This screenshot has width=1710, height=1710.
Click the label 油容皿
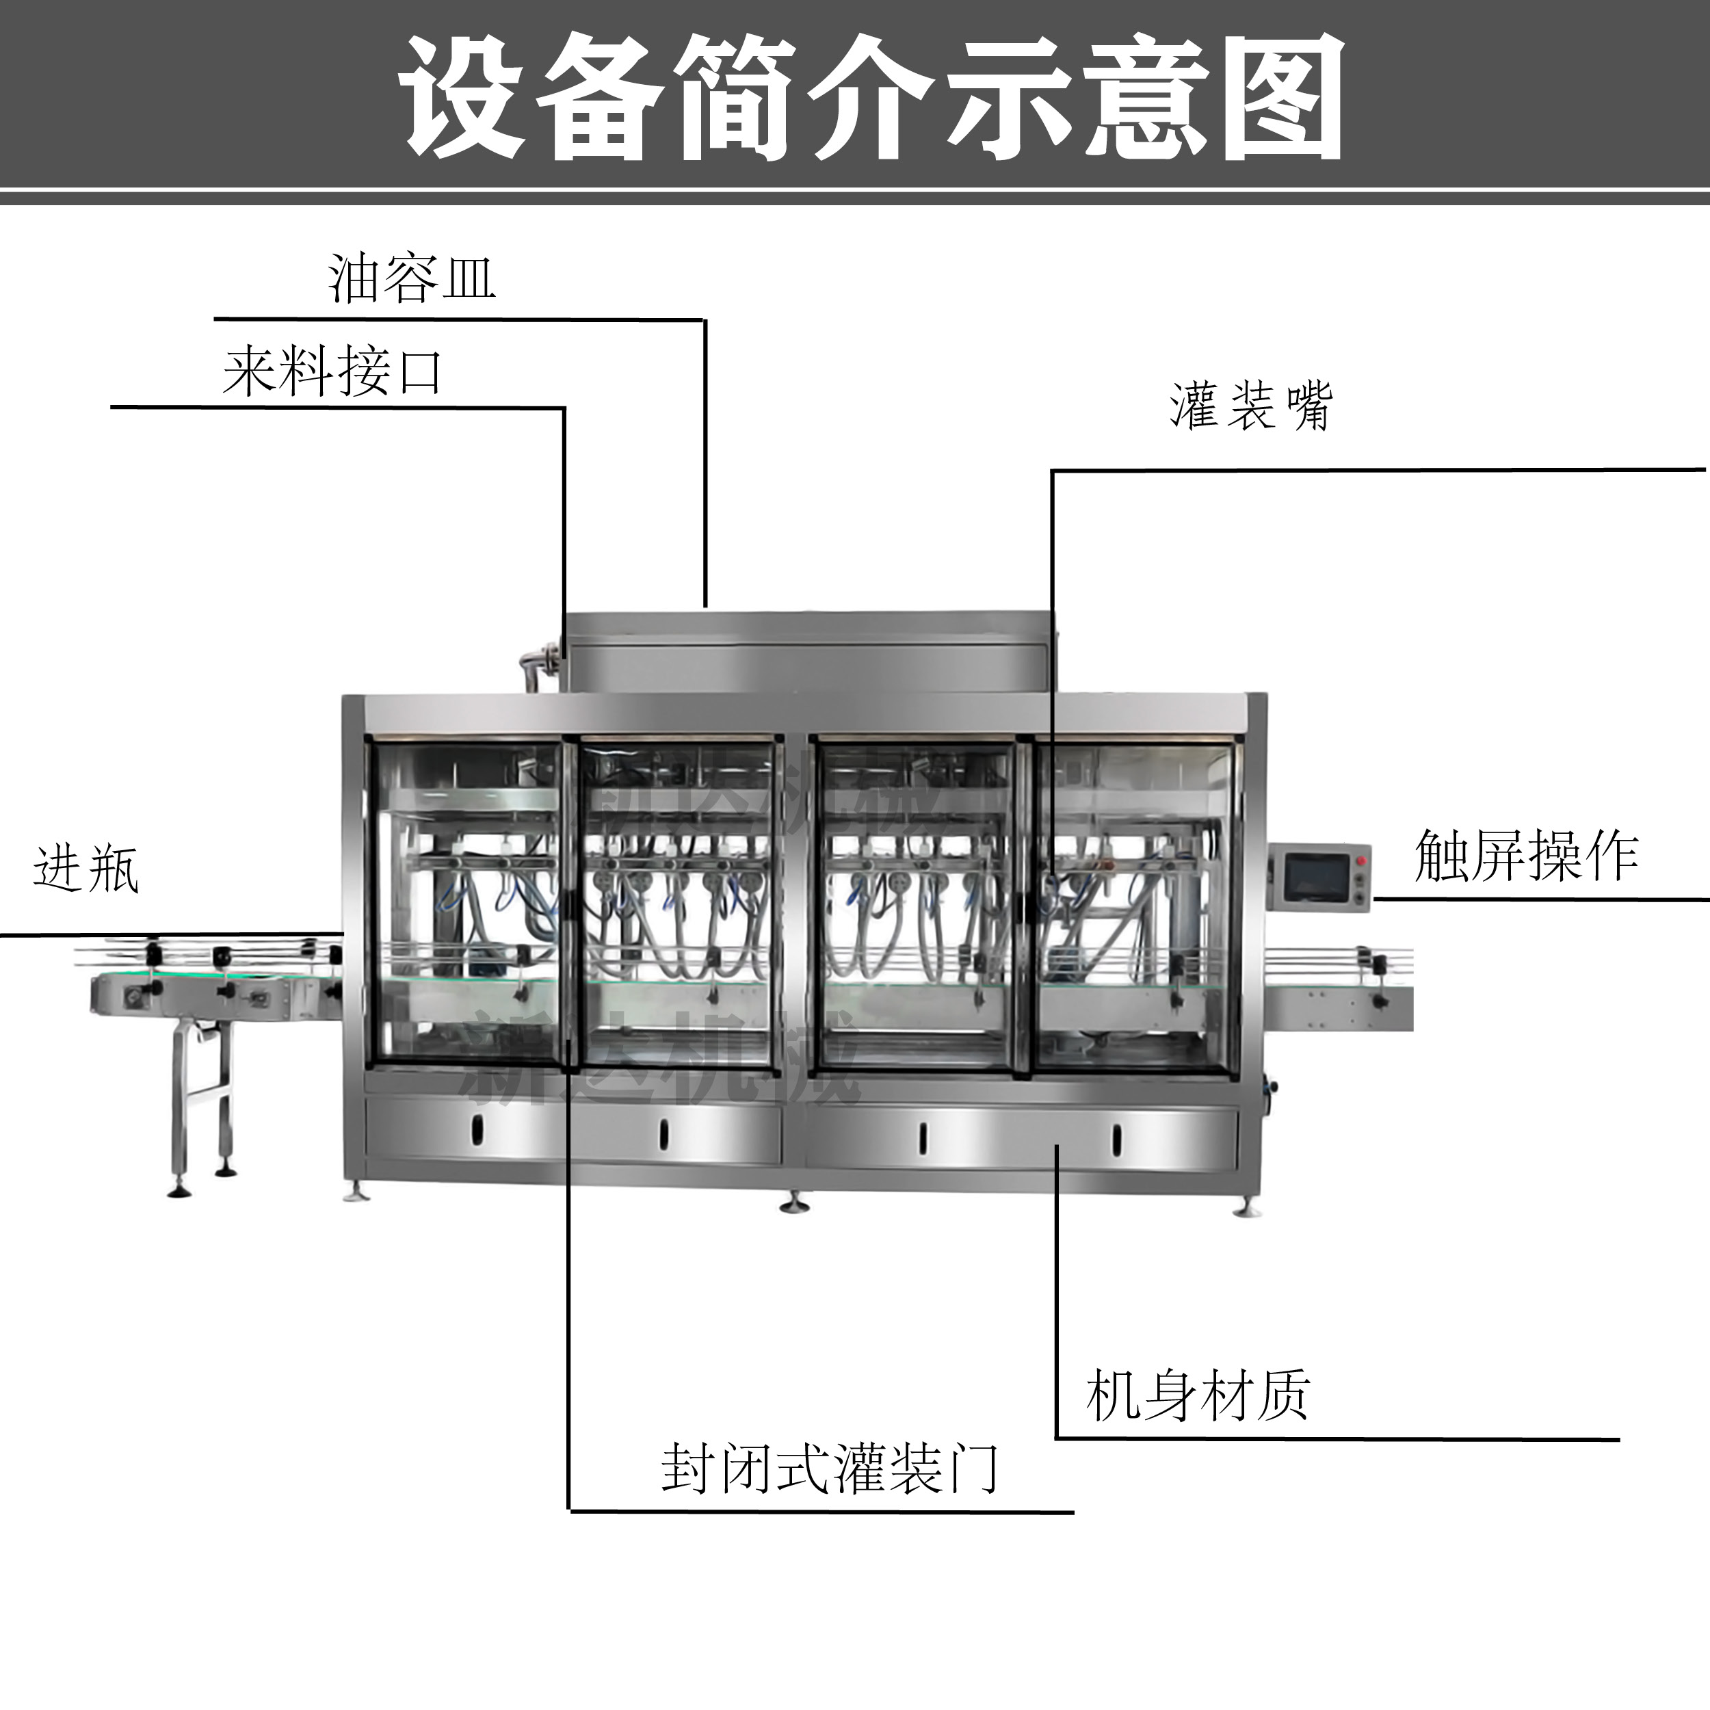(x=412, y=279)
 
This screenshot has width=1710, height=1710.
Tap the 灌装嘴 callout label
(x=1250, y=407)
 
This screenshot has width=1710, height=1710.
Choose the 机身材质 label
(x=1196, y=1396)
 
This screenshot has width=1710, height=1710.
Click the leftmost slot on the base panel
(x=479, y=1129)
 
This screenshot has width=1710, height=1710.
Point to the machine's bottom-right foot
(x=1246, y=1208)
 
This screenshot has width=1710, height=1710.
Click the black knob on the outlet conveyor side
(x=1379, y=1001)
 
